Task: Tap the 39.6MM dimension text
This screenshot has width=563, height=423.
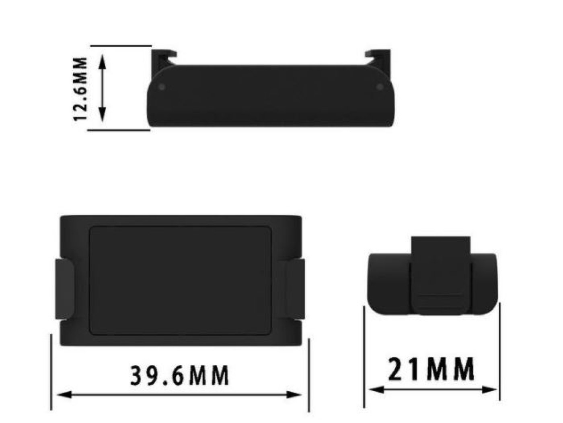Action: (x=179, y=375)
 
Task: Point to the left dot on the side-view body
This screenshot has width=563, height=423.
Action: (x=162, y=87)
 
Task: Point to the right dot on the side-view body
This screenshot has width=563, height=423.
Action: (x=380, y=87)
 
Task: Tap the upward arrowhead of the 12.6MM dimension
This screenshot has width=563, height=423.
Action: (x=102, y=60)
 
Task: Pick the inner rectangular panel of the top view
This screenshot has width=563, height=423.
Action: (x=180, y=281)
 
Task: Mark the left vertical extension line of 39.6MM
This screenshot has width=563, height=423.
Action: (x=51, y=371)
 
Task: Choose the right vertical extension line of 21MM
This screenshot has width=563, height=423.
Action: (x=499, y=355)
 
